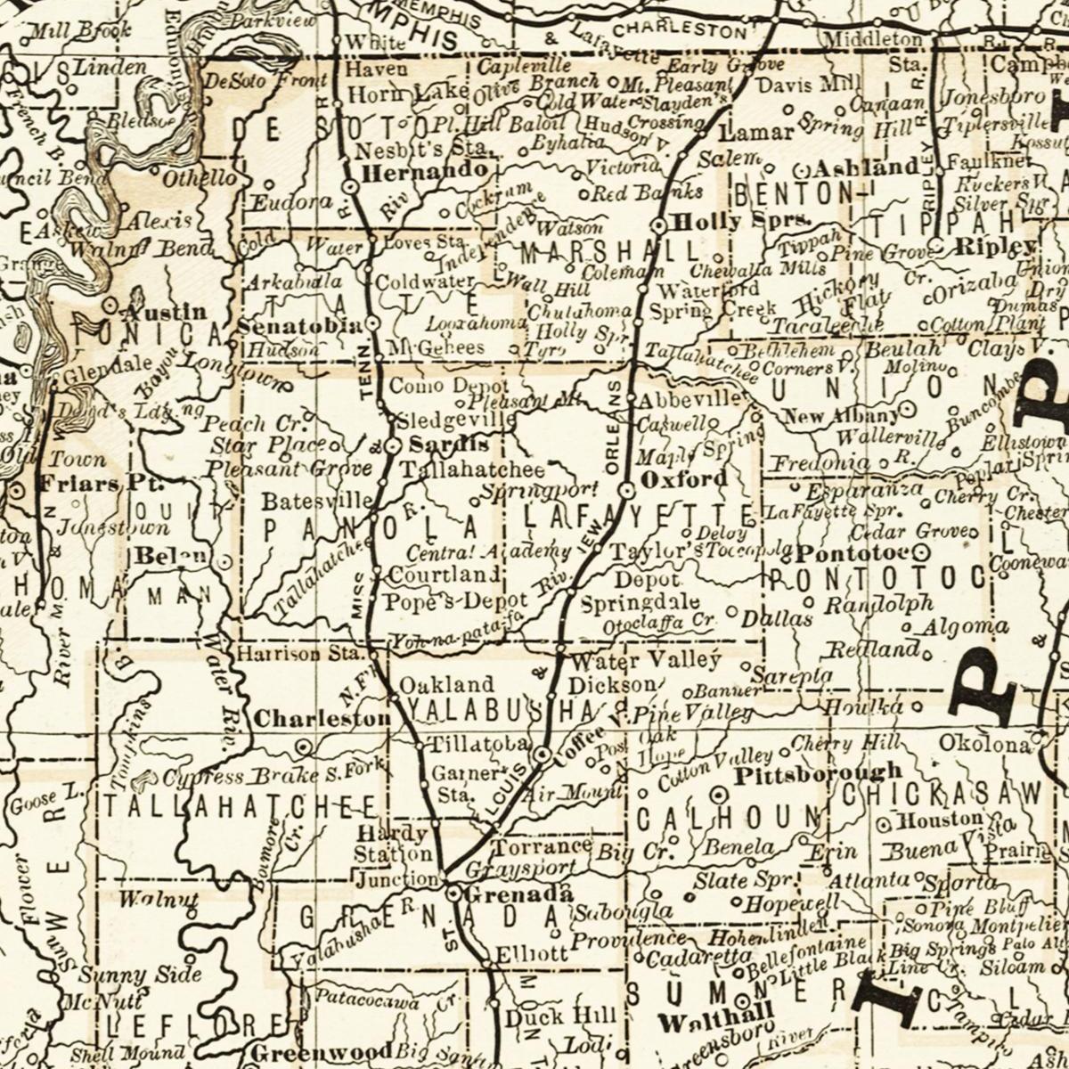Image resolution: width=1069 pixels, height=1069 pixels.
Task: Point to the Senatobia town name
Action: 300,326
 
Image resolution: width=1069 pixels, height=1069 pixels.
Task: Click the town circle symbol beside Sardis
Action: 392,445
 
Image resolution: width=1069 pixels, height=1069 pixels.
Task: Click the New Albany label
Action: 841,416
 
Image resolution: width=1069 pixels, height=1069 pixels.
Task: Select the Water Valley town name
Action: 645,661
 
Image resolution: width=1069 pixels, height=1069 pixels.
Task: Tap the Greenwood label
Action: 320,1051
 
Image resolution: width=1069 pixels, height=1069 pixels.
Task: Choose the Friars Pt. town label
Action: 92,485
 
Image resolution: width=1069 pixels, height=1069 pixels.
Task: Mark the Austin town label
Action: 164,313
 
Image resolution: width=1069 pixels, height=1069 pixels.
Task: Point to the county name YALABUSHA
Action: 511,711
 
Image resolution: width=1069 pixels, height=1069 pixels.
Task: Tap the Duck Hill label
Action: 560,1016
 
